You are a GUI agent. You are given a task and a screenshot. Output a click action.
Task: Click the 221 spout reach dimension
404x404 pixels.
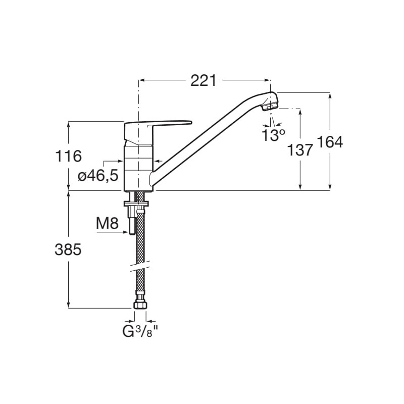tap(204, 81)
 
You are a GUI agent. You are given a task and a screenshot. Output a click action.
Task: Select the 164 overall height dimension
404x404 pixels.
tap(330, 142)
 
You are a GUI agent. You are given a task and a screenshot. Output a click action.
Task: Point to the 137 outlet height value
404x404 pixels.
tap(300, 150)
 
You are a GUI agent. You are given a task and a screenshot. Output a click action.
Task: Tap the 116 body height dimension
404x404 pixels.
tap(69, 156)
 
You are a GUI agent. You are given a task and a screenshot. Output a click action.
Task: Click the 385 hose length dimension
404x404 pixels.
tap(68, 249)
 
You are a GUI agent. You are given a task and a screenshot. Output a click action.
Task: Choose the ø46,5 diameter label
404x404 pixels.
tap(98, 176)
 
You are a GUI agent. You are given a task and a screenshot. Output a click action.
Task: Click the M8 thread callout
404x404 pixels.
tap(107, 223)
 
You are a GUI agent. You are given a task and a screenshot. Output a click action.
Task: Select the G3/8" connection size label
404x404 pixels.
tap(140, 332)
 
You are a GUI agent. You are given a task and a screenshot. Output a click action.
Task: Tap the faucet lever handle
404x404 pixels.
tap(157, 125)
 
